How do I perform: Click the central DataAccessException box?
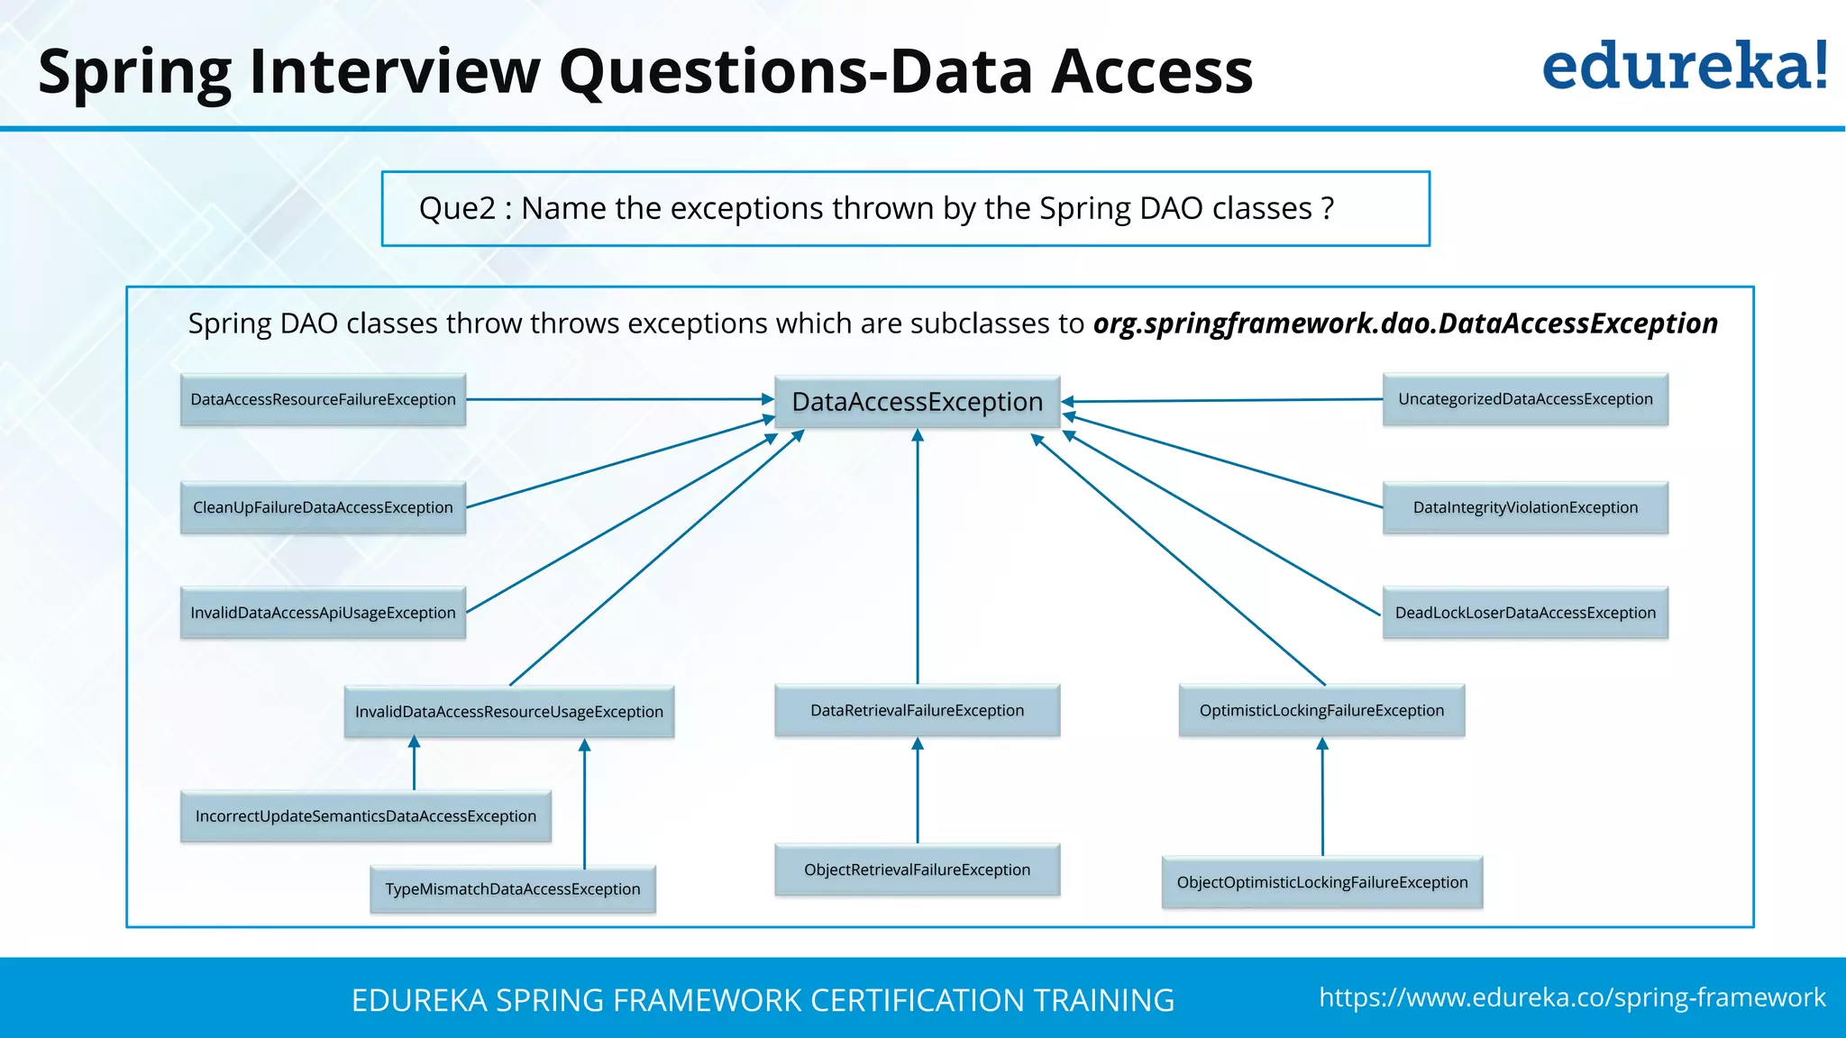point(917,402)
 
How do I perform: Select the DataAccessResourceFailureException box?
point(323,399)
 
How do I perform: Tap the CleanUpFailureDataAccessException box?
point(323,507)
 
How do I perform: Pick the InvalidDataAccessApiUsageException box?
point(323,613)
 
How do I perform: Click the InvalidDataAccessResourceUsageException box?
point(508,712)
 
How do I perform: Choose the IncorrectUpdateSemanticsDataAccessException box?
point(365,816)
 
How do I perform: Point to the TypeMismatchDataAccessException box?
point(512,889)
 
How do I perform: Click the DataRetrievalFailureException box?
point(917,710)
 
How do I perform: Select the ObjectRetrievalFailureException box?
point(917,870)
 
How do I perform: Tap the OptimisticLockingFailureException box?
point(1321,710)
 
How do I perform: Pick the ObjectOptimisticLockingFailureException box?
point(1321,882)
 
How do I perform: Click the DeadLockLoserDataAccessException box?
point(1525,613)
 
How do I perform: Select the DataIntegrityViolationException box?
point(1525,507)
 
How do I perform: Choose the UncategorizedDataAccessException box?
point(1525,399)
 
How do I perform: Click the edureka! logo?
point(1684,67)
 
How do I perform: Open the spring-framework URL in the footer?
point(1571,997)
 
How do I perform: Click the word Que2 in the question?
point(457,208)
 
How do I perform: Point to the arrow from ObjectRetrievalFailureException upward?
point(918,791)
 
